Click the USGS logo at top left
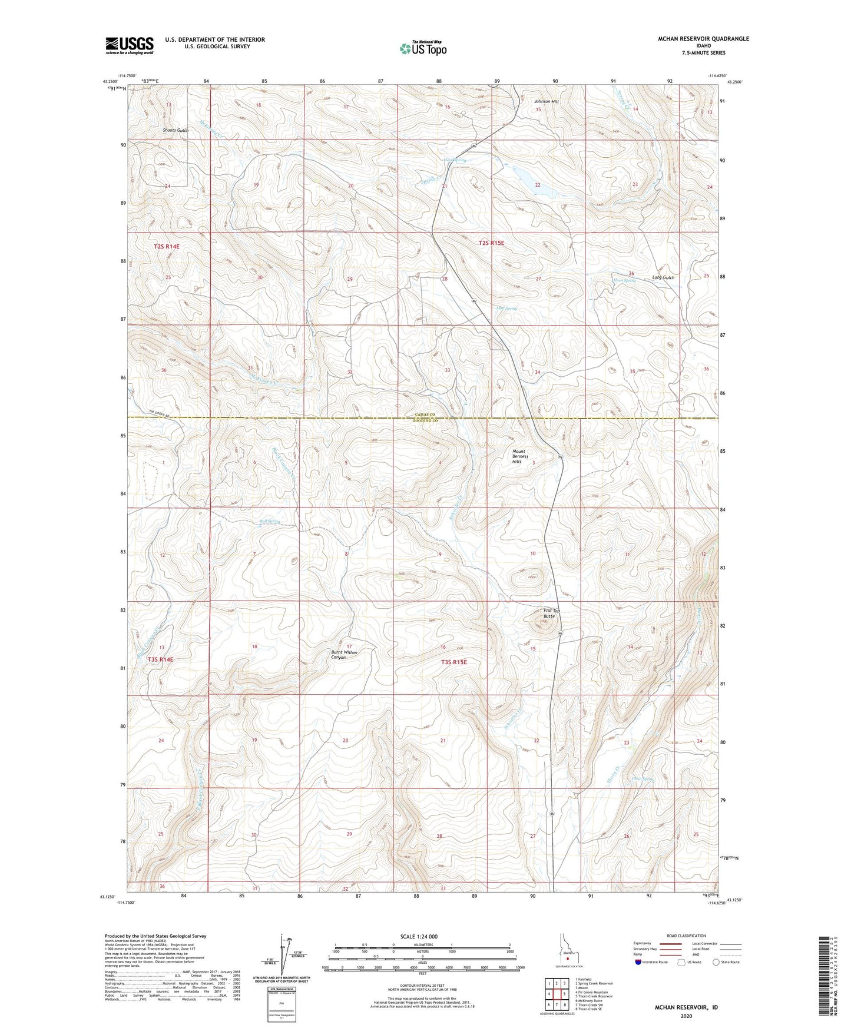(x=130, y=45)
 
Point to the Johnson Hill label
(x=546, y=101)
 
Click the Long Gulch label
(x=663, y=277)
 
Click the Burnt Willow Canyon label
(x=344, y=655)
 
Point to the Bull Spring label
(x=270, y=522)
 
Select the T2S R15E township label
(x=491, y=243)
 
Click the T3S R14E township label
(x=160, y=659)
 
